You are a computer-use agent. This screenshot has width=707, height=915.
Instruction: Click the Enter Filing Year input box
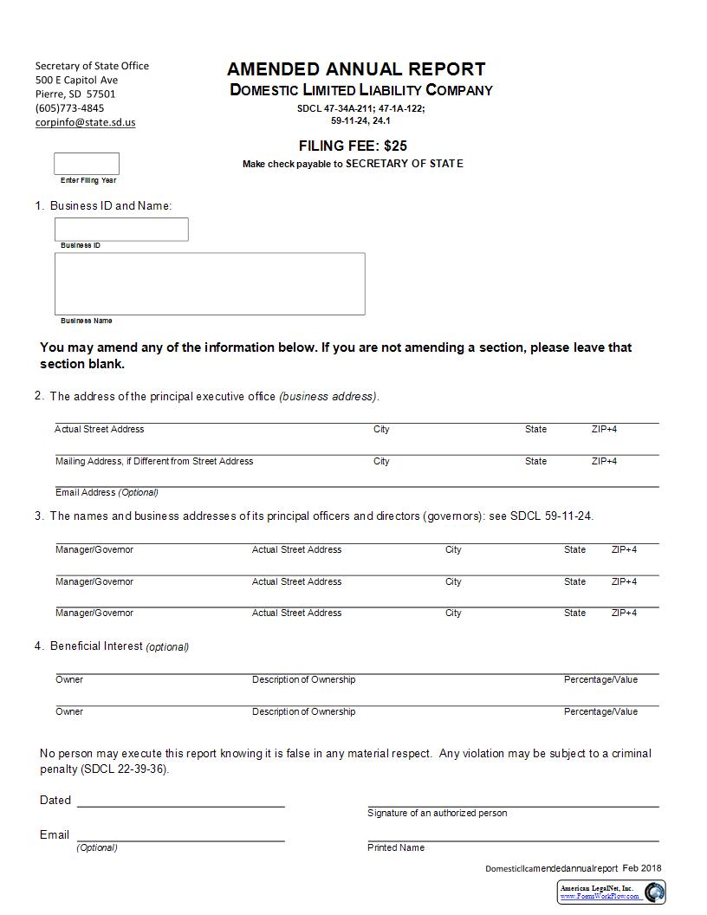click(x=87, y=164)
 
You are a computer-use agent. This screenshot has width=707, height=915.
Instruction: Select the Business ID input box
click(x=121, y=230)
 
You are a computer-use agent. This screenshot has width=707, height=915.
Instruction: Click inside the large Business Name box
click(x=210, y=284)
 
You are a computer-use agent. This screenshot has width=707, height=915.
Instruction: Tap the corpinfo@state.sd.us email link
click(x=85, y=122)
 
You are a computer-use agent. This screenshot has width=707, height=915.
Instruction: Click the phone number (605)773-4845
click(x=69, y=108)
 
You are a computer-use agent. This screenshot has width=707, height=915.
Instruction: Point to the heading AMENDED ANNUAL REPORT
click(x=356, y=69)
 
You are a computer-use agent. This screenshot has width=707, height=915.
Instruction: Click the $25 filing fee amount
click(x=395, y=146)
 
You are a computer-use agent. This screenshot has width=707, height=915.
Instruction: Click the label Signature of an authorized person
click(x=437, y=813)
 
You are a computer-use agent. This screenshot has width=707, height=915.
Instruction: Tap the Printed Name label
click(x=396, y=847)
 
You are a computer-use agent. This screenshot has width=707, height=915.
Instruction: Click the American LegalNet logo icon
click(x=654, y=892)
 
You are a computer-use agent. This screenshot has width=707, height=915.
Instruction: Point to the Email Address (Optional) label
click(x=107, y=492)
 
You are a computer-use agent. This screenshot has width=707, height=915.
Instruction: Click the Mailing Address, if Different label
click(x=154, y=461)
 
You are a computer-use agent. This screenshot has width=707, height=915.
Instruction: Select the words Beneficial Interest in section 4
click(x=96, y=646)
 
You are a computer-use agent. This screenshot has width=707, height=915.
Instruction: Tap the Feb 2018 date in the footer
click(x=641, y=868)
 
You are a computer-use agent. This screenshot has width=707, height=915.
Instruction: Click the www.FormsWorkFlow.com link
click(x=599, y=896)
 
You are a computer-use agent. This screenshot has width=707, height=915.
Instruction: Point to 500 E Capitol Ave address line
click(x=76, y=80)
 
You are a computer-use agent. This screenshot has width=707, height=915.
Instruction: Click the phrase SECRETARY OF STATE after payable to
click(x=405, y=164)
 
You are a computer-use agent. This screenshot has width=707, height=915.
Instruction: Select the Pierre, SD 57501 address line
click(x=75, y=94)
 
